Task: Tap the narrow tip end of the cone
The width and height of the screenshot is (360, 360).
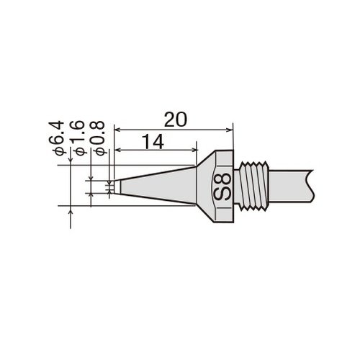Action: [x=117, y=186]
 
